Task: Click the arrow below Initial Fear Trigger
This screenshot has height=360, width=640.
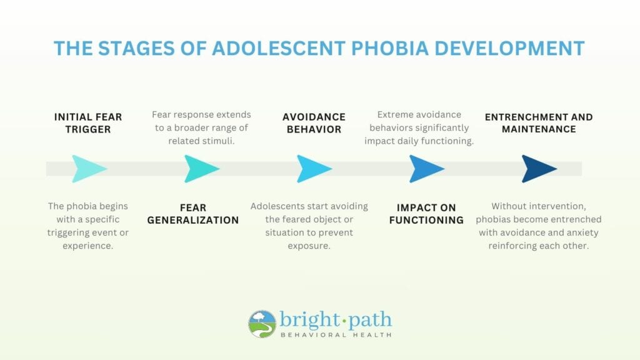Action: point(87,169)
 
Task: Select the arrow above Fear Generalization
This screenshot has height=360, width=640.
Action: point(201,169)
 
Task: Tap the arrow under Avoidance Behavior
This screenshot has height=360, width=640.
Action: point(313,169)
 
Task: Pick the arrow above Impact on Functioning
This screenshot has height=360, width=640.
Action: point(426,169)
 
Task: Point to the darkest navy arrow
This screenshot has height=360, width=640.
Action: point(538,169)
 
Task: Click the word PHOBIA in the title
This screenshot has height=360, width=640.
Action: point(390,48)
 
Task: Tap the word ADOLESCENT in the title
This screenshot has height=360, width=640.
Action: point(279,48)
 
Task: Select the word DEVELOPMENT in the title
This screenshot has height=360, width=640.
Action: point(509,48)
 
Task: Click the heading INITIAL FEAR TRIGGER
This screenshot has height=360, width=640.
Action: point(88,123)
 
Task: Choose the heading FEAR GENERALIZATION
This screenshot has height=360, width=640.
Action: point(193,214)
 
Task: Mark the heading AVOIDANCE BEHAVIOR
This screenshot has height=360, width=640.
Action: point(314,123)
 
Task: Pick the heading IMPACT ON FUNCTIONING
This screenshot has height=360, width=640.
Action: point(426,214)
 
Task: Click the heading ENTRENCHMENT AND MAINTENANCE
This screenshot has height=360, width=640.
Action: point(539,123)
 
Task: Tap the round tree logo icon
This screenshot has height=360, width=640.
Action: point(262,324)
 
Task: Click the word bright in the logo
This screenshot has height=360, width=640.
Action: point(307,320)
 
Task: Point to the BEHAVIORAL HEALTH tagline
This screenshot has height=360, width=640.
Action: point(336,335)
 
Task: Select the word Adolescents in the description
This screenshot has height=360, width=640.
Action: point(276,206)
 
